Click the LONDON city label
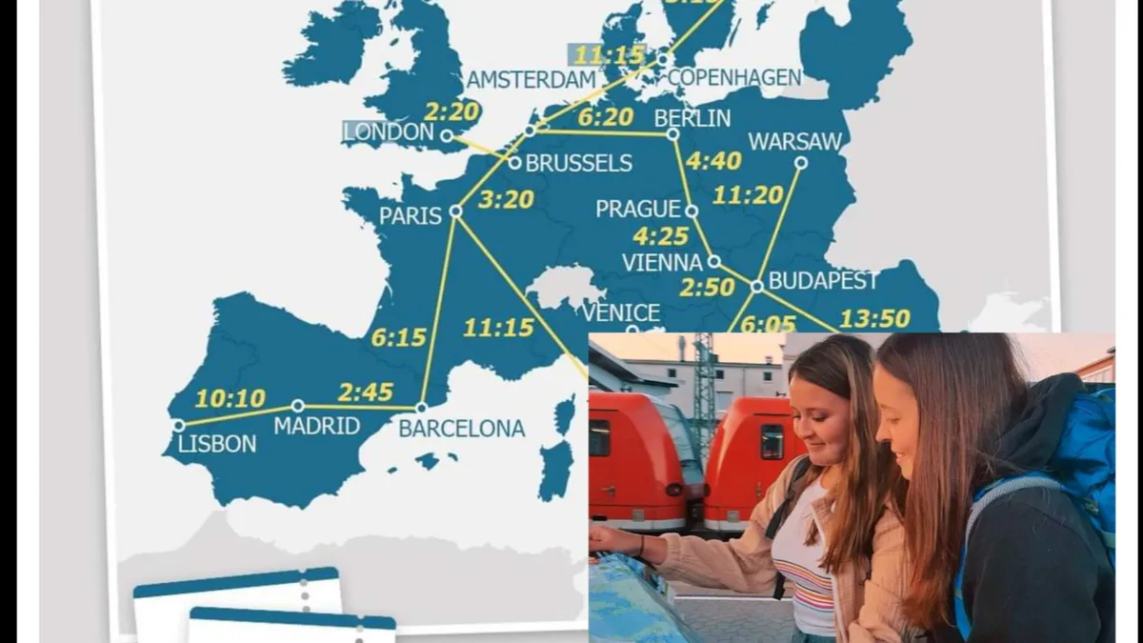point(389,132)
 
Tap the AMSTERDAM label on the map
point(531,80)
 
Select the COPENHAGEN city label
point(734,78)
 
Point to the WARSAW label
point(795,142)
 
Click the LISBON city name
point(217,444)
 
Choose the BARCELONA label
point(461,429)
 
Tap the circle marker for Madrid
point(297,406)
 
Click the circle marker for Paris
point(455,211)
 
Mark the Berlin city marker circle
point(672,133)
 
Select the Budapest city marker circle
point(756,285)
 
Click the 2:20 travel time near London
point(451,111)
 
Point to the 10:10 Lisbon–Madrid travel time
point(230,398)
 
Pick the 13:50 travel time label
point(874,318)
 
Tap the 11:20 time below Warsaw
point(748,195)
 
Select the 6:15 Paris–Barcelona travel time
point(399,337)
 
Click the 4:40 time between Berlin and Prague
point(713,161)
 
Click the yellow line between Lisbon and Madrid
point(238,414)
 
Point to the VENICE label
point(621,312)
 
